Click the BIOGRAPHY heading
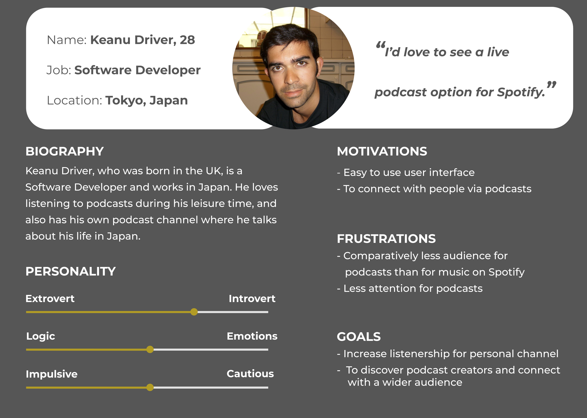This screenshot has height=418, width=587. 65,151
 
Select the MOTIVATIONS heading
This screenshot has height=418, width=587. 382,151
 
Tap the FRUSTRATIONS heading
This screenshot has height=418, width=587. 386,239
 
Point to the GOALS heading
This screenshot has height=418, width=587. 359,337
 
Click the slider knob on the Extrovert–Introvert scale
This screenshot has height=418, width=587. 194,312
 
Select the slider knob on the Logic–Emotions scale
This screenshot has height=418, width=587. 150,350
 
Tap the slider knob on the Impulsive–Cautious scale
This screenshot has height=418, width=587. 150,387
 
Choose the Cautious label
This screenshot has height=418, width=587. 250,374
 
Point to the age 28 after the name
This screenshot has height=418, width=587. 187,40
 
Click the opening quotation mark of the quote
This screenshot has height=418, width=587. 381,45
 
